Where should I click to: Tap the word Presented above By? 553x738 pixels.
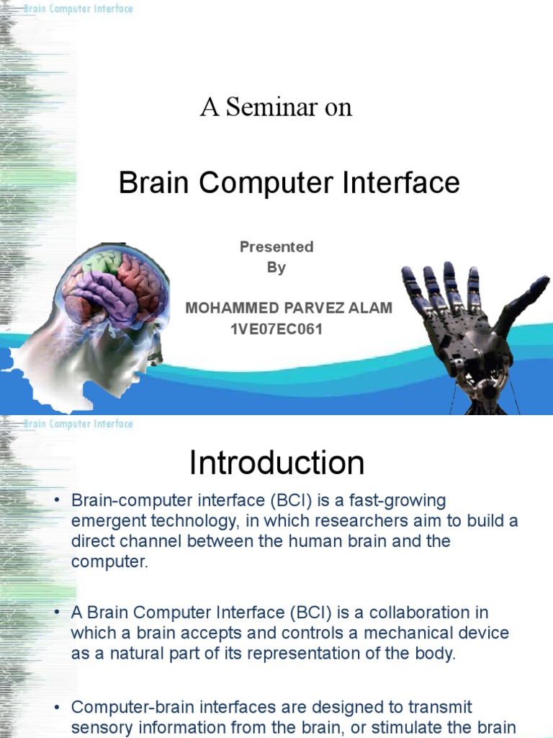[x=276, y=246]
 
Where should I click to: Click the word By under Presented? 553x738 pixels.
[x=276, y=267]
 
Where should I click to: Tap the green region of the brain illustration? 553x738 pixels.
[x=100, y=262]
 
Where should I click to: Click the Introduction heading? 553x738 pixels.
[x=276, y=463]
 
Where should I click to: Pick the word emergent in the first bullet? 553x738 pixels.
[x=105, y=521]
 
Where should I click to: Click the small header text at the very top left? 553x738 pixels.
[x=78, y=9]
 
